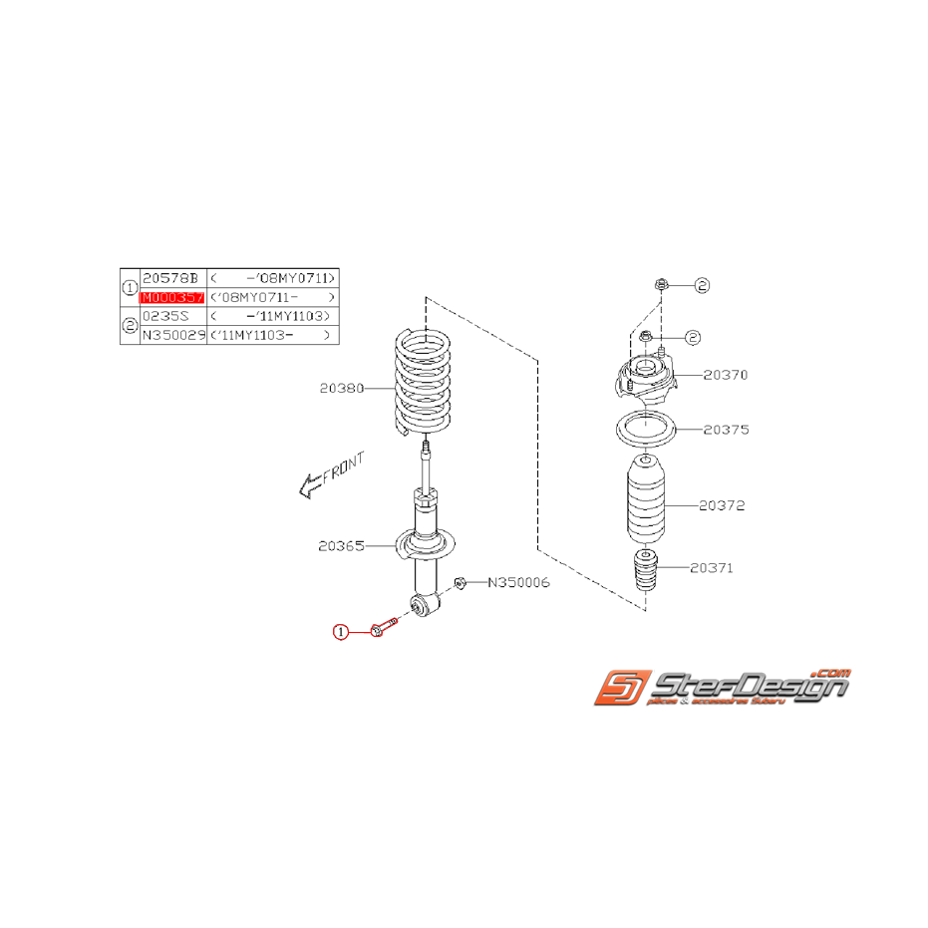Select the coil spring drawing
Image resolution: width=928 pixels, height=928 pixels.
[427, 385]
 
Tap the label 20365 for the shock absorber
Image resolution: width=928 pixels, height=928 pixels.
[341, 545]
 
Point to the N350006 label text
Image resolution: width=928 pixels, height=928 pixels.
[518, 582]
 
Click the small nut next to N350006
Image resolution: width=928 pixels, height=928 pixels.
[462, 582]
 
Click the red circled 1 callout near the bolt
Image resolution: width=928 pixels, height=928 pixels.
[341, 631]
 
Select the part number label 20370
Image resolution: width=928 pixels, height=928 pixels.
[725, 375]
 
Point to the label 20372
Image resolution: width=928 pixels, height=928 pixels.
[722, 505]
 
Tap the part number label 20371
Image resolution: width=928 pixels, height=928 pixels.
[711, 568]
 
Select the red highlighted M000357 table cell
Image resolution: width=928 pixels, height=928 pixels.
[172, 297]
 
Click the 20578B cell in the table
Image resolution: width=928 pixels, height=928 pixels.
[172, 278]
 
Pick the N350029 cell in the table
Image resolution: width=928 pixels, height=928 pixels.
[172, 336]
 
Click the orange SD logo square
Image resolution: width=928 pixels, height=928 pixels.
[622, 689]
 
